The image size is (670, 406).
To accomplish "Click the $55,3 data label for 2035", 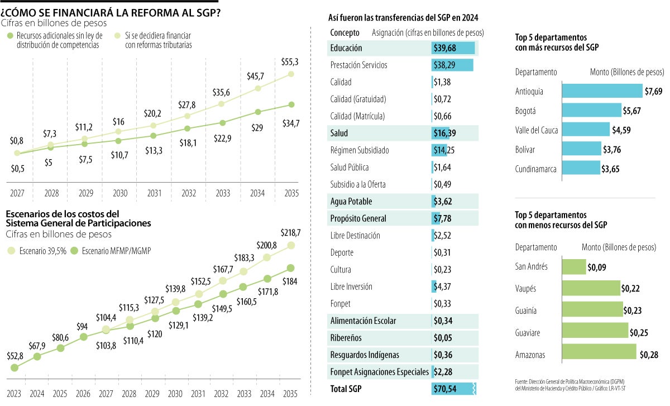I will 289,61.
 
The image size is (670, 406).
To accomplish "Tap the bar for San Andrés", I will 573,266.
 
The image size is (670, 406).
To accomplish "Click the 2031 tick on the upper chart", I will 155,194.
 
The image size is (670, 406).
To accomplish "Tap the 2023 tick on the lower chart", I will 14,393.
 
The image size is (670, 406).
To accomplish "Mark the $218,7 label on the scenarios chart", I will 289,231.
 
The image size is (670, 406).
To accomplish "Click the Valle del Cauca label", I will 536,130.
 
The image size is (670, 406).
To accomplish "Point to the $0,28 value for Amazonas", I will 648,355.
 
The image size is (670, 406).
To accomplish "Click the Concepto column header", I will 344,33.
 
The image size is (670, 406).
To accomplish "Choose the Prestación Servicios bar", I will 452,65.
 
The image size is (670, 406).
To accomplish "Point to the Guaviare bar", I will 594,333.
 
